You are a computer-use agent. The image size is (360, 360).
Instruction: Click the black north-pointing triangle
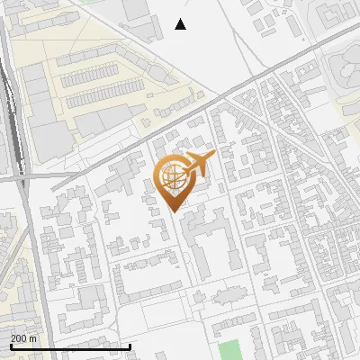(181, 24)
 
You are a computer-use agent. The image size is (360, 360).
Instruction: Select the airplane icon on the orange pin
(197, 164)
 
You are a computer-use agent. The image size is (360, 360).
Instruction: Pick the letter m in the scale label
(33, 338)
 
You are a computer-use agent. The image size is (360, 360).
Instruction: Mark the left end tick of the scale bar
(10, 346)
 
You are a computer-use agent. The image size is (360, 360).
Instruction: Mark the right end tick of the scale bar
(130, 346)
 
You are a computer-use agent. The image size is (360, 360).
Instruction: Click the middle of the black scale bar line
(70, 347)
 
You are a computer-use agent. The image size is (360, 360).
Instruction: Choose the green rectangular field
(231, 349)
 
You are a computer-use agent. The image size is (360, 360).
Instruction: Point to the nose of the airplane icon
(213, 157)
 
